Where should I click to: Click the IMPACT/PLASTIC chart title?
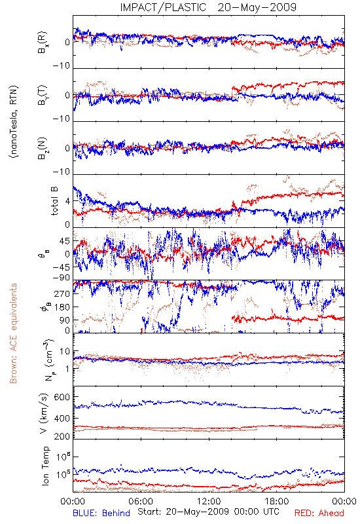click(x=163, y=7)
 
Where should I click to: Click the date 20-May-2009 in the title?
click(x=257, y=7)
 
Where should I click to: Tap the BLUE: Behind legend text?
click(x=101, y=513)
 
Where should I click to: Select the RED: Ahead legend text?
click(x=319, y=513)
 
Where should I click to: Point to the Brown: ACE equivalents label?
click(x=13, y=333)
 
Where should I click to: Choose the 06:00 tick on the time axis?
click(x=141, y=501)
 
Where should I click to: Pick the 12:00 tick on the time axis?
click(x=209, y=501)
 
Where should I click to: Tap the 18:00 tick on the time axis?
click(x=277, y=501)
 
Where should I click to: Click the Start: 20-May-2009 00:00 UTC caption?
click(x=208, y=512)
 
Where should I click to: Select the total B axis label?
click(x=54, y=201)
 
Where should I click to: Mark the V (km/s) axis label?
click(x=44, y=413)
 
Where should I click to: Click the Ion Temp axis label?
click(x=45, y=466)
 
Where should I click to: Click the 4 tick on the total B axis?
click(x=68, y=202)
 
